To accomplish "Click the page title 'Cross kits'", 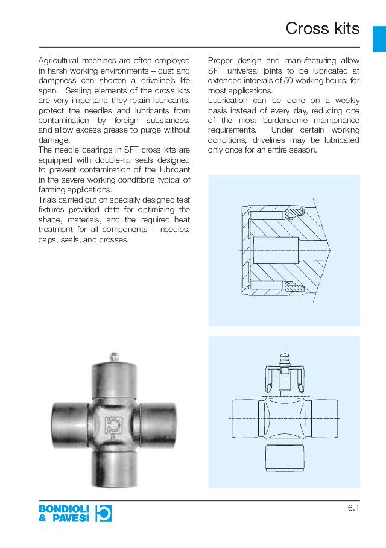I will click(x=322, y=28).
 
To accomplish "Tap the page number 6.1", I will click(x=353, y=508).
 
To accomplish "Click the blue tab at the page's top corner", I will click(x=379, y=39).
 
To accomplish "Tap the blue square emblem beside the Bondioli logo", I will click(x=104, y=513).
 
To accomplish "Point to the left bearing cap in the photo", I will click(x=67, y=423).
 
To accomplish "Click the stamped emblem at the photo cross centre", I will click(x=112, y=424).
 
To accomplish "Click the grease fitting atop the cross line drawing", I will click(x=284, y=361).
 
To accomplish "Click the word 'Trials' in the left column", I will click(x=48, y=200).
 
